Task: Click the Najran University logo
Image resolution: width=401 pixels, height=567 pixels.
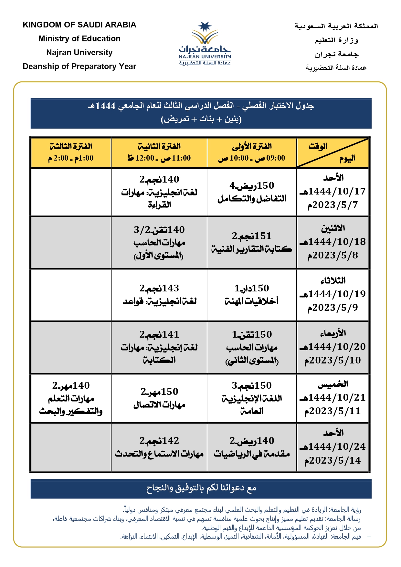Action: coord(205,43)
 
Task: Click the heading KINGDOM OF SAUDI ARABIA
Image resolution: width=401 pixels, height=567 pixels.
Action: coord(79,25)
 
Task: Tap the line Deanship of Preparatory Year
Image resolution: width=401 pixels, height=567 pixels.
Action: coord(79,67)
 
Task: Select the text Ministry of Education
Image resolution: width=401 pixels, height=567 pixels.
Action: coord(79,39)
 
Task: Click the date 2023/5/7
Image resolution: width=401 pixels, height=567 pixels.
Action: coord(333,205)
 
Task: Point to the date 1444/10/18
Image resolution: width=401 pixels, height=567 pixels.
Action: coord(333,242)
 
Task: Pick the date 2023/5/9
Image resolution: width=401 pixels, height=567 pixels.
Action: coord(333,308)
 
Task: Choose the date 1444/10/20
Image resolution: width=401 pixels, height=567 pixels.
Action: coord(333,347)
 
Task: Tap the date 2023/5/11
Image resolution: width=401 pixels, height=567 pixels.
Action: coord(333,411)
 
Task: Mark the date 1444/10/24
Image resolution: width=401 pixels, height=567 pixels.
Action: coord(333,446)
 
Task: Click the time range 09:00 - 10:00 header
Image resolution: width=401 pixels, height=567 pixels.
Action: coord(252,158)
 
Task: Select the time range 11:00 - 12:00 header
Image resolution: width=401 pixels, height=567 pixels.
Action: coord(159,158)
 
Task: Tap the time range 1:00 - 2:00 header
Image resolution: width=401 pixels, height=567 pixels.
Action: coord(71,158)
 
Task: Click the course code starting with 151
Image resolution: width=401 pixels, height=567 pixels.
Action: coord(252,236)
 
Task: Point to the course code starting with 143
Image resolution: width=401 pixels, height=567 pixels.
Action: coord(159,288)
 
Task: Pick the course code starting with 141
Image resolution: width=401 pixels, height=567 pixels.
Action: coord(159,334)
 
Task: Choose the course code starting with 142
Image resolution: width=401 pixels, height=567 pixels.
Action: coord(159,441)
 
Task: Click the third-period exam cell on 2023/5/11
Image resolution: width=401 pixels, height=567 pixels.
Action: coord(71,398)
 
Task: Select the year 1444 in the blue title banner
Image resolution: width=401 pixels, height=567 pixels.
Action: coord(105,106)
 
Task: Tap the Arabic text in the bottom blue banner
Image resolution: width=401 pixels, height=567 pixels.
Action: coord(201,488)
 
